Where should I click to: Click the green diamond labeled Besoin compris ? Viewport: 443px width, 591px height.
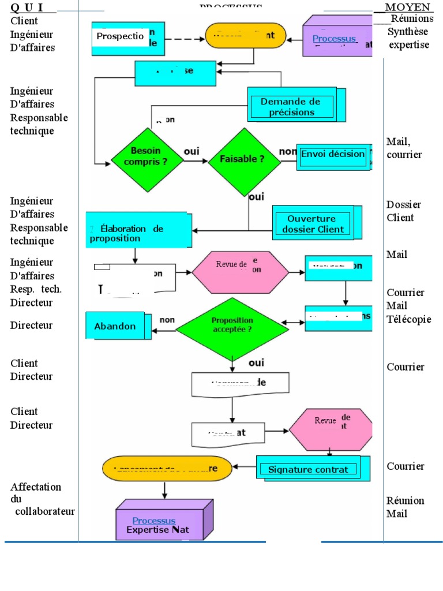[x=145, y=158]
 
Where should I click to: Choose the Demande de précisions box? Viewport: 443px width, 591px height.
[x=292, y=106]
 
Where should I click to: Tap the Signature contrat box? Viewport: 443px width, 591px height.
[x=307, y=469]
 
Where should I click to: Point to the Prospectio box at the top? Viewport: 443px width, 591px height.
[x=120, y=36]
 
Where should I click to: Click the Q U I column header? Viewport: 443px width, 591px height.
[x=29, y=7]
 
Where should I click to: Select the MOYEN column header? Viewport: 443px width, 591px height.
[x=408, y=7]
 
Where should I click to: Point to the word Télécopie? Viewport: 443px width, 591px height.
[x=409, y=319]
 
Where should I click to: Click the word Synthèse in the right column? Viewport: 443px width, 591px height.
[x=408, y=32]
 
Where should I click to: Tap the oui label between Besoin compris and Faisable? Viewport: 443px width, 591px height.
[x=192, y=151]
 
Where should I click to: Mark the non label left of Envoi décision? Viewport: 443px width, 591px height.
[x=287, y=152]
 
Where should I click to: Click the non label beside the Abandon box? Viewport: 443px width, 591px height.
[x=167, y=320]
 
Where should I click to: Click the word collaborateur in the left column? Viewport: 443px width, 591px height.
[x=45, y=511]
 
